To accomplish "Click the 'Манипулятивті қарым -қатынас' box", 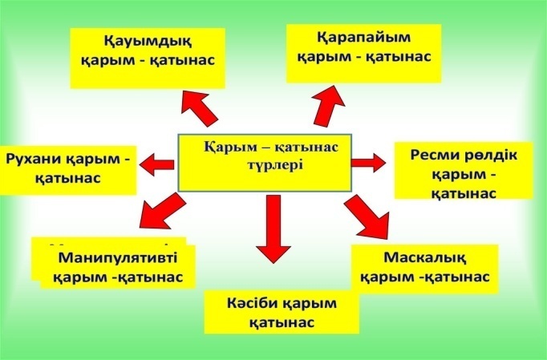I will [117, 266].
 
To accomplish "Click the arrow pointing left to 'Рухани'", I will [157, 164].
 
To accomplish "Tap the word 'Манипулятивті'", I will [117, 257].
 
